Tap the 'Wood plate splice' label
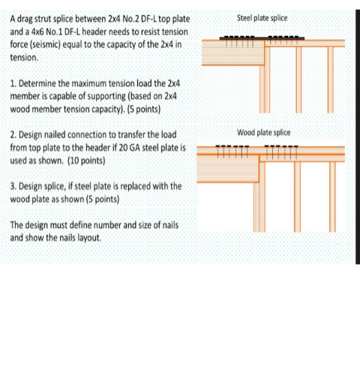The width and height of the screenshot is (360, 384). (x=263, y=133)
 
